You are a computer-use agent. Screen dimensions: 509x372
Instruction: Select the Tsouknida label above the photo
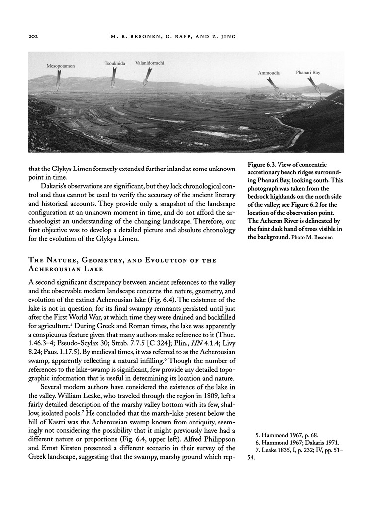(x=115, y=64)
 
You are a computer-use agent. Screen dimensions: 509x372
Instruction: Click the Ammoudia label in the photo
(x=269, y=73)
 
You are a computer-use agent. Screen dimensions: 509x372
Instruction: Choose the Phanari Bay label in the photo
(x=308, y=72)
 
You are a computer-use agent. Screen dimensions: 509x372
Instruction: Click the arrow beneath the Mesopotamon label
(x=58, y=81)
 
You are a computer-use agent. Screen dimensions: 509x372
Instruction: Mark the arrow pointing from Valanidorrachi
(x=147, y=78)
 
